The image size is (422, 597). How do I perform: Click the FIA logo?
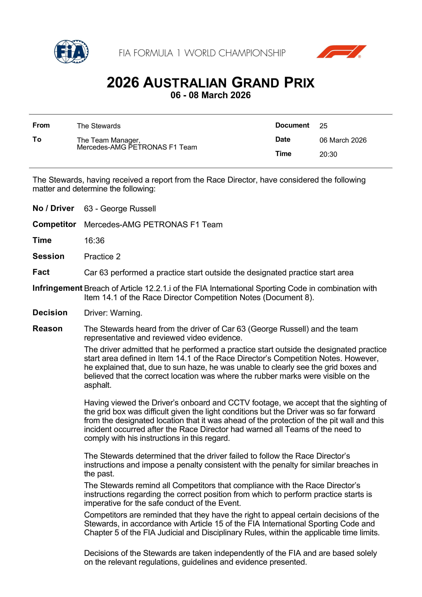point(71,52)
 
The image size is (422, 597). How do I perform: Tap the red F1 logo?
point(341,52)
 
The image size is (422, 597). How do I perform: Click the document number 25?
point(323,126)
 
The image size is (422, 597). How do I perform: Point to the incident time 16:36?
point(94,241)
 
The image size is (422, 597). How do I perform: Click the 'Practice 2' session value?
point(102,257)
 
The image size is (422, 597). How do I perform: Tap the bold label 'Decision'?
point(50,313)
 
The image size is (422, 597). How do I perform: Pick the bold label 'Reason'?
point(48,329)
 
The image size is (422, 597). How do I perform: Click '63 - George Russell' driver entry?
point(120,209)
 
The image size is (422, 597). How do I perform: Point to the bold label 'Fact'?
point(41,272)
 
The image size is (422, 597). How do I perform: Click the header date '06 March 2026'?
point(343,140)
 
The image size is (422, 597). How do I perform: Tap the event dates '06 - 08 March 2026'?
point(211,95)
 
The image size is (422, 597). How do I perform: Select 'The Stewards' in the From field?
point(99,126)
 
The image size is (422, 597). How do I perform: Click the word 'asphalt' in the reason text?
point(97,385)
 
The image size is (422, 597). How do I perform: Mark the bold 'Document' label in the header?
point(292,125)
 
